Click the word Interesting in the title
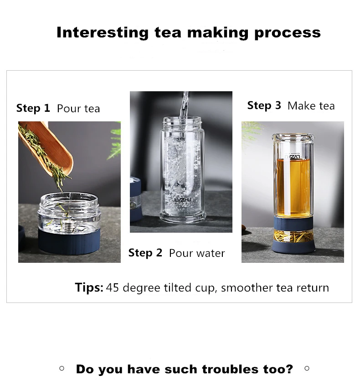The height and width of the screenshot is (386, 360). pyautogui.click(x=103, y=33)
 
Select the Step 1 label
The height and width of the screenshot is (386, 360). pyautogui.click(x=33, y=108)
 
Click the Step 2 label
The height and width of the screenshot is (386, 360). pyautogui.click(x=145, y=253)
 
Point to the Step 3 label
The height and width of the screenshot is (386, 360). pyautogui.click(x=264, y=105)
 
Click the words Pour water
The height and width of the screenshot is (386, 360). pyautogui.click(x=197, y=253)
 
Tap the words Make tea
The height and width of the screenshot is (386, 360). pyautogui.click(x=311, y=106)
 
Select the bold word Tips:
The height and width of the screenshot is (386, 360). pyautogui.click(x=89, y=287)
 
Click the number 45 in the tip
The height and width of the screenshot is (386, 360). pyautogui.click(x=113, y=287)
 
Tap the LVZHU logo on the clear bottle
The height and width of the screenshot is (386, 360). pyautogui.click(x=183, y=200)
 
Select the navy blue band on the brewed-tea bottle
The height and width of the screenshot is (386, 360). pyautogui.click(x=293, y=223)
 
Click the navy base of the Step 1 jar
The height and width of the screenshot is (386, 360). pyautogui.click(x=69, y=241)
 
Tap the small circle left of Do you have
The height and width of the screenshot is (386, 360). pyautogui.click(x=62, y=368)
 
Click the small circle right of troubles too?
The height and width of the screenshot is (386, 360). pyautogui.click(x=307, y=368)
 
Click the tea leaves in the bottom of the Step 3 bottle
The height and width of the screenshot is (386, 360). pyautogui.click(x=293, y=236)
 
